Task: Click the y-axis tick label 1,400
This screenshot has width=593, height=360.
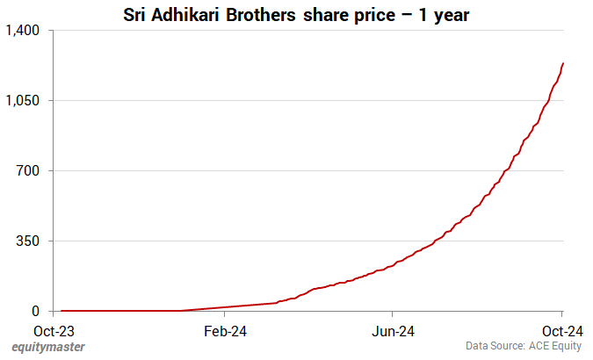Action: [23, 31]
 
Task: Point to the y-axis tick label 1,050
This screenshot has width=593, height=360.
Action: [23, 101]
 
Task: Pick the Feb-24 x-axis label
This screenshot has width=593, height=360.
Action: [224, 331]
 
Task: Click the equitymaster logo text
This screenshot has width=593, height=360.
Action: [48, 348]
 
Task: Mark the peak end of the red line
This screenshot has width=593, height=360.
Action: [562, 63]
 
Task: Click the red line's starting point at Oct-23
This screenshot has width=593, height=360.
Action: [60, 311]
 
